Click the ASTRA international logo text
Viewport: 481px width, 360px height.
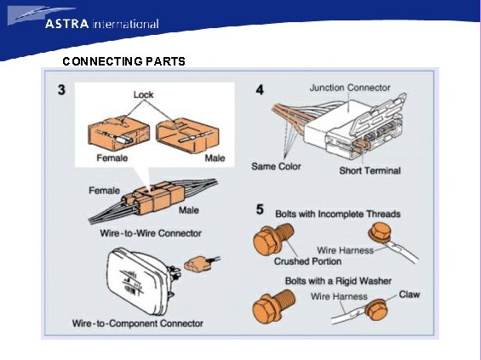pyautogui.click(x=102, y=24)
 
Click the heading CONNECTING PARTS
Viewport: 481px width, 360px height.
pyautogui.click(x=123, y=61)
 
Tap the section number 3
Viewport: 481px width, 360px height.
pyautogui.click(x=61, y=90)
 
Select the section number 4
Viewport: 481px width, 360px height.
pyautogui.click(x=260, y=90)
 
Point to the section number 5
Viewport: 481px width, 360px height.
pyautogui.click(x=260, y=209)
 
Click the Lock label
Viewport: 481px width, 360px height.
pyautogui.click(x=143, y=94)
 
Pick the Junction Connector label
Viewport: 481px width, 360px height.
pyautogui.click(x=350, y=88)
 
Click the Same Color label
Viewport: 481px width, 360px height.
pyautogui.click(x=276, y=166)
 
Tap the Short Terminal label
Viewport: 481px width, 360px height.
pyautogui.click(x=370, y=170)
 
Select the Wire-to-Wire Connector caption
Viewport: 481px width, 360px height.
pyautogui.click(x=151, y=233)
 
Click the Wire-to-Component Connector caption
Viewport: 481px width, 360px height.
pyautogui.click(x=138, y=323)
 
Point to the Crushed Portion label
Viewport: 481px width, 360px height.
pyautogui.click(x=307, y=261)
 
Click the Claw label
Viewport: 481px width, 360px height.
pyautogui.click(x=409, y=294)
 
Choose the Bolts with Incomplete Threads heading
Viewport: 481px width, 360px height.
pyautogui.click(x=338, y=214)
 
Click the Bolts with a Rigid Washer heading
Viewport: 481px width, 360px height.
pyautogui.click(x=338, y=281)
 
